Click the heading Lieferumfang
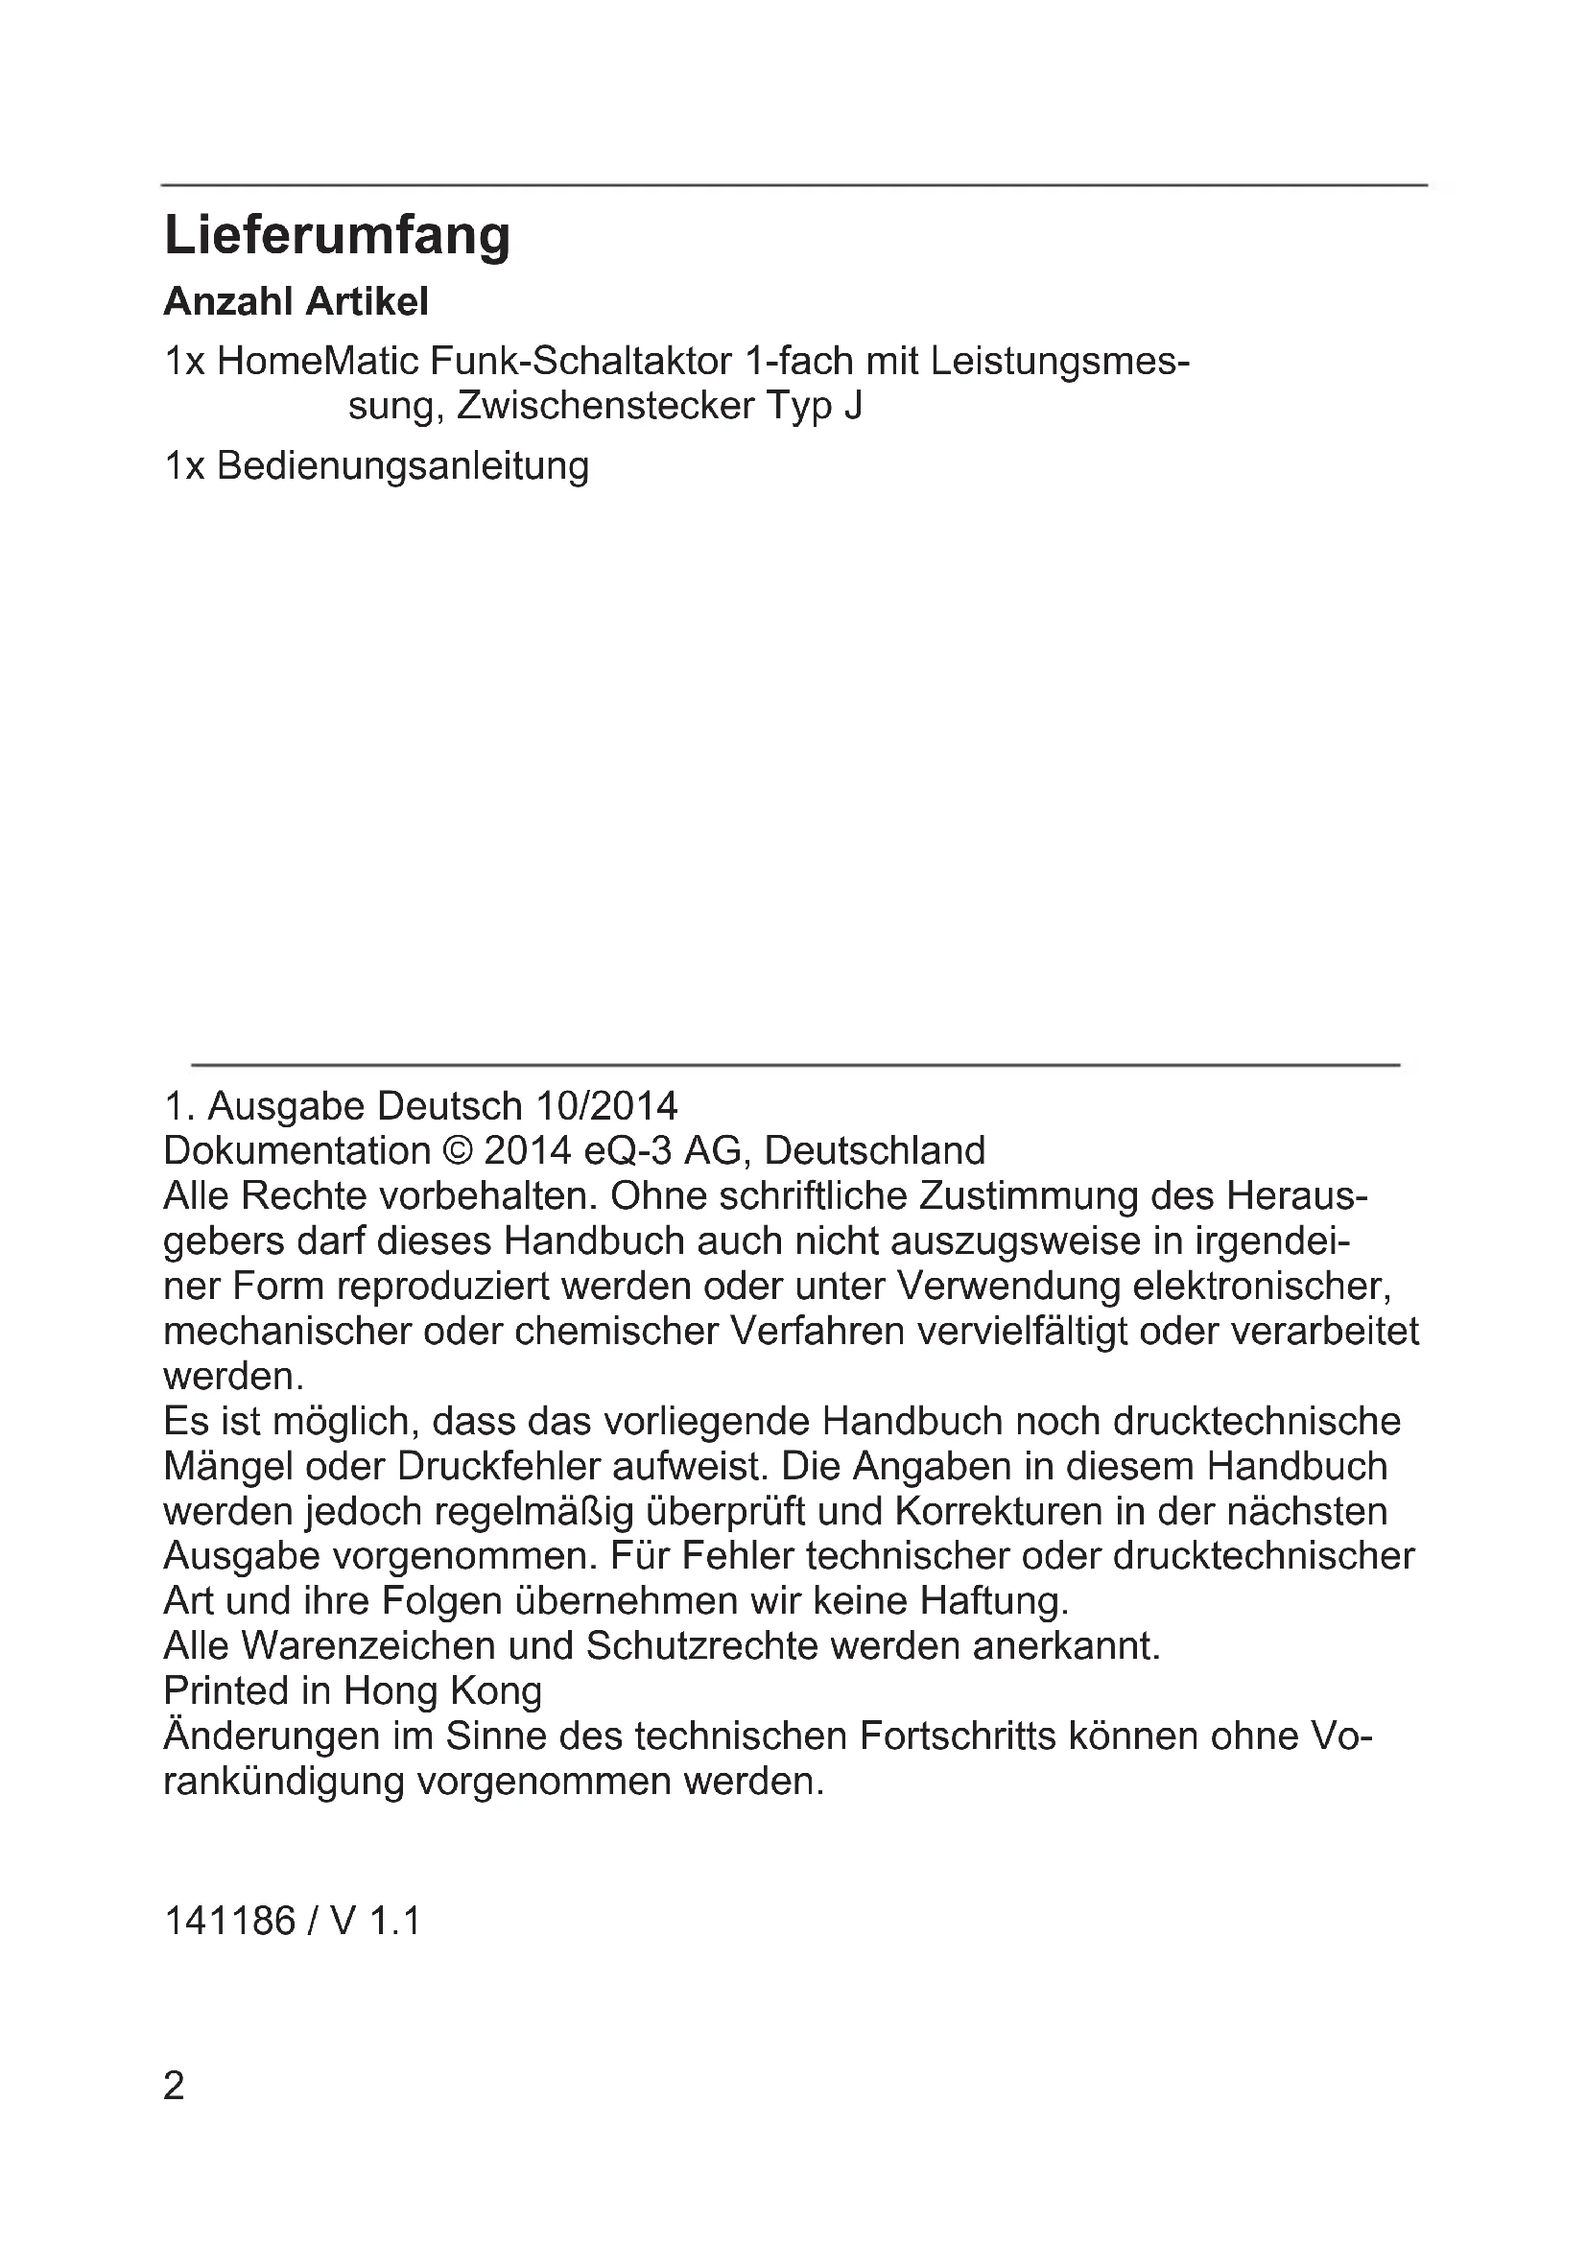pos(337,236)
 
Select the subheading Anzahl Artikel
pos(296,302)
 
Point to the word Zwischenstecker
pos(604,406)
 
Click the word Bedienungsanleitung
pos(403,465)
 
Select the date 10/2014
pos(605,1106)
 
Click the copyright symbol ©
pos(457,1151)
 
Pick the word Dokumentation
pos(297,1151)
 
